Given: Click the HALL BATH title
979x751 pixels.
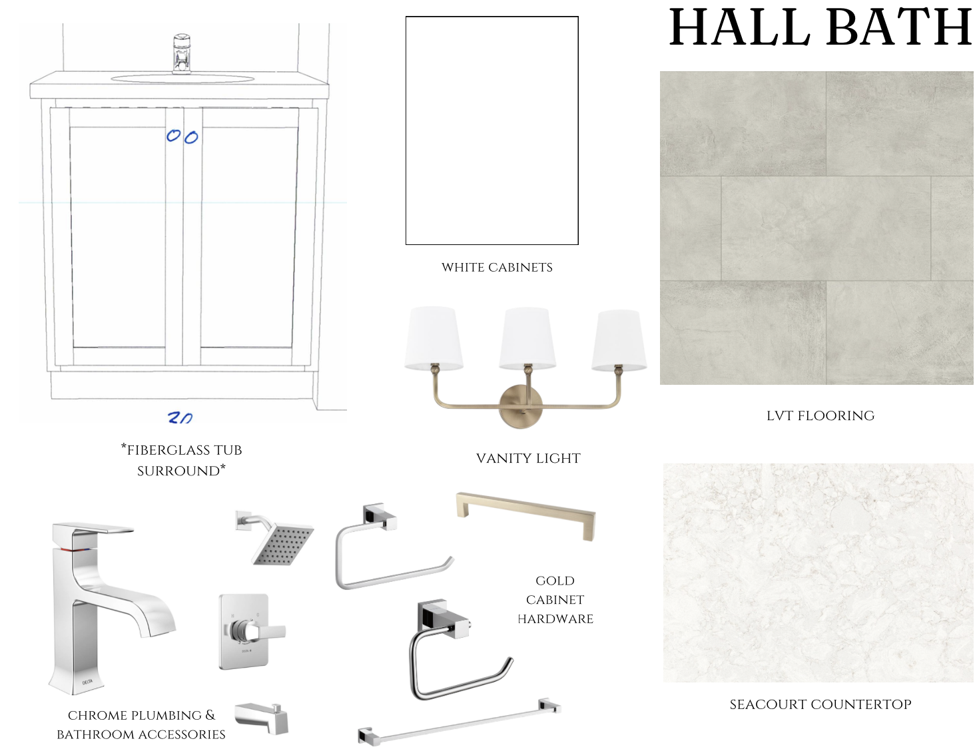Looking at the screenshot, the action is pyautogui.click(x=820, y=27).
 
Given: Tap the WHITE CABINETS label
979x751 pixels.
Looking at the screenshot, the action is pyautogui.click(x=497, y=268).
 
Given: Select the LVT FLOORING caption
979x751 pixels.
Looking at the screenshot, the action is pyautogui.click(x=820, y=415).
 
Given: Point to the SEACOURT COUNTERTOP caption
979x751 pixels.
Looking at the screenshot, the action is pyautogui.click(x=820, y=704).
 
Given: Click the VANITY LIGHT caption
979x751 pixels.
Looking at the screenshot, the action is pyautogui.click(x=528, y=458).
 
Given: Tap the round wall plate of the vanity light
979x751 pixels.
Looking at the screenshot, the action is pyautogui.click(x=520, y=406).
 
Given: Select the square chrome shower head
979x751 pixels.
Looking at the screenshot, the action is pyautogui.click(x=277, y=541).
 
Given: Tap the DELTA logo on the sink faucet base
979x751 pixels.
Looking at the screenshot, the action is pyautogui.click(x=87, y=682).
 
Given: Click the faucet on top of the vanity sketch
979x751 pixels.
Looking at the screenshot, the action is pyautogui.click(x=182, y=53).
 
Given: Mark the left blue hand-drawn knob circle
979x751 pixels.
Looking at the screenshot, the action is pyautogui.click(x=173, y=136).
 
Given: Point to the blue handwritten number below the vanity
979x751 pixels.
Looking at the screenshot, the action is pyautogui.click(x=180, y=418).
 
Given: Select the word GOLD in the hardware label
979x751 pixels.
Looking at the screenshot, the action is pyautogui.click(x=555, y=581).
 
